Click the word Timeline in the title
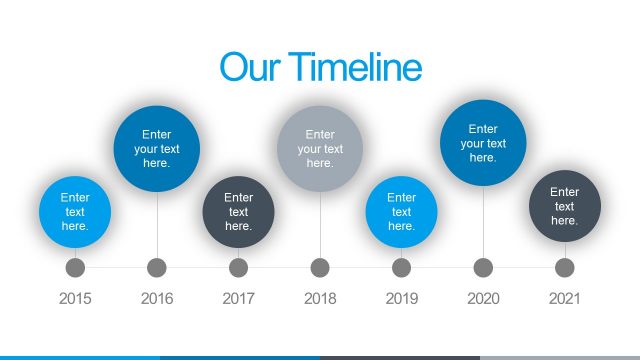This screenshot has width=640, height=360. [x=357, y=67]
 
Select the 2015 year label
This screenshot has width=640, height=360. [x=75, y=298]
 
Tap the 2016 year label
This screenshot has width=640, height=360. [x=157, y=298]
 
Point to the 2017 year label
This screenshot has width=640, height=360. [x=238, y=298]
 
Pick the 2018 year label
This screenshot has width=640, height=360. [x=320, y=298]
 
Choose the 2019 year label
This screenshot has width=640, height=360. [x=401, y=298]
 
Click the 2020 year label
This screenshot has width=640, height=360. [x=483, y=298]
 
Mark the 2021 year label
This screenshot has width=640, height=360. [x=564, y=298]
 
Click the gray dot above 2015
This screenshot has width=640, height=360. [x=75, y=268]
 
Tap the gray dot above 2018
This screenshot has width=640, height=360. [x=320, y=268]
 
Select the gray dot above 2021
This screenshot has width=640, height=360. [x=564, y=268]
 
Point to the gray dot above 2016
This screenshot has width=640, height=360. [x=157, y=268]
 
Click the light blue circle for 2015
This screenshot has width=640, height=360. [x=75, y=212]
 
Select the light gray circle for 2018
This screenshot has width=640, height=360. [x=320, y=149]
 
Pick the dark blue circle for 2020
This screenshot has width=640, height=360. [x=483, y=143]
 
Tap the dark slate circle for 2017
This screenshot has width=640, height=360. [x=238, y=212]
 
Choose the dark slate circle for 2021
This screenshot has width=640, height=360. [x=564, y=206]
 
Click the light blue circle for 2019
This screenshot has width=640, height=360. [x=401, y=212]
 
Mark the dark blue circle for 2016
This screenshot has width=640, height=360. [x=157, y=149]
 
